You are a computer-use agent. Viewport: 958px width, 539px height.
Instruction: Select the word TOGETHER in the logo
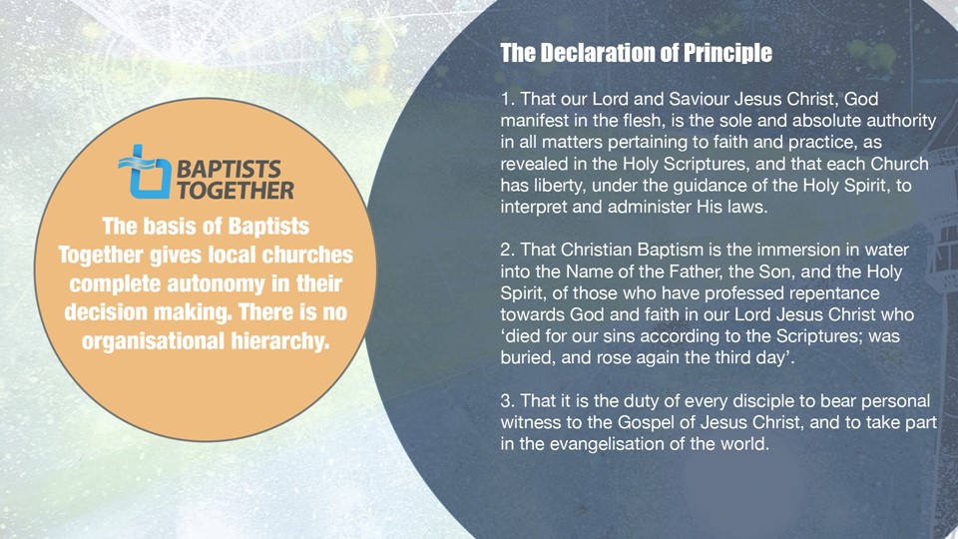pyautogui.click(x=236, y=190)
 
